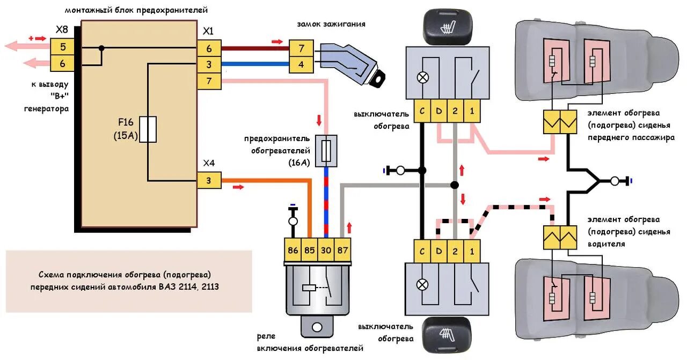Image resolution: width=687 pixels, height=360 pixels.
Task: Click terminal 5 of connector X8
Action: tap(63, 47)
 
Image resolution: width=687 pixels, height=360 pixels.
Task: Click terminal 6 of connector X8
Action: tap(63, 63)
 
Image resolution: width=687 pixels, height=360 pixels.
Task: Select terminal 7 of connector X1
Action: tap(209, 81)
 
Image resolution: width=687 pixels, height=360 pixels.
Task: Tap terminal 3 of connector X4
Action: tap(209, 181)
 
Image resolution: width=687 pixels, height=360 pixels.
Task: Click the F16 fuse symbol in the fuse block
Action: tap(148, 129)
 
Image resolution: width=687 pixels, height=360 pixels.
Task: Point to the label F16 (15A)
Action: tap(126, 129)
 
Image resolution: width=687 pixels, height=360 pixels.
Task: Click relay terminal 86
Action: tap(293, 249)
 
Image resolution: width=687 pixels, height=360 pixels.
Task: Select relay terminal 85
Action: tap(309, 249)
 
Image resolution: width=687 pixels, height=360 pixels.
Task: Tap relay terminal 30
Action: tap(326, 249)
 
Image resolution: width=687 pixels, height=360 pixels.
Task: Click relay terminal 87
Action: tap(342, 249)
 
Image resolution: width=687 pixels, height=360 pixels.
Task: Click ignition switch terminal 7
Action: tap(301, 49)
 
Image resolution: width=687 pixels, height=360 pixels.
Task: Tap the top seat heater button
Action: tap(447, 27)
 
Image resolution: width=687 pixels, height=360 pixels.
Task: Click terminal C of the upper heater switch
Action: tap(422, 112)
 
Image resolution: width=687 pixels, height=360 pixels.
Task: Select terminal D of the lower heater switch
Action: tap(439, 249)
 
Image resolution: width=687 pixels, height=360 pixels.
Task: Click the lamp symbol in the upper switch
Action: tap(423, 77)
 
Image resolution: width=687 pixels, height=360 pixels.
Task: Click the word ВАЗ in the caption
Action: tap(167, 287)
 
